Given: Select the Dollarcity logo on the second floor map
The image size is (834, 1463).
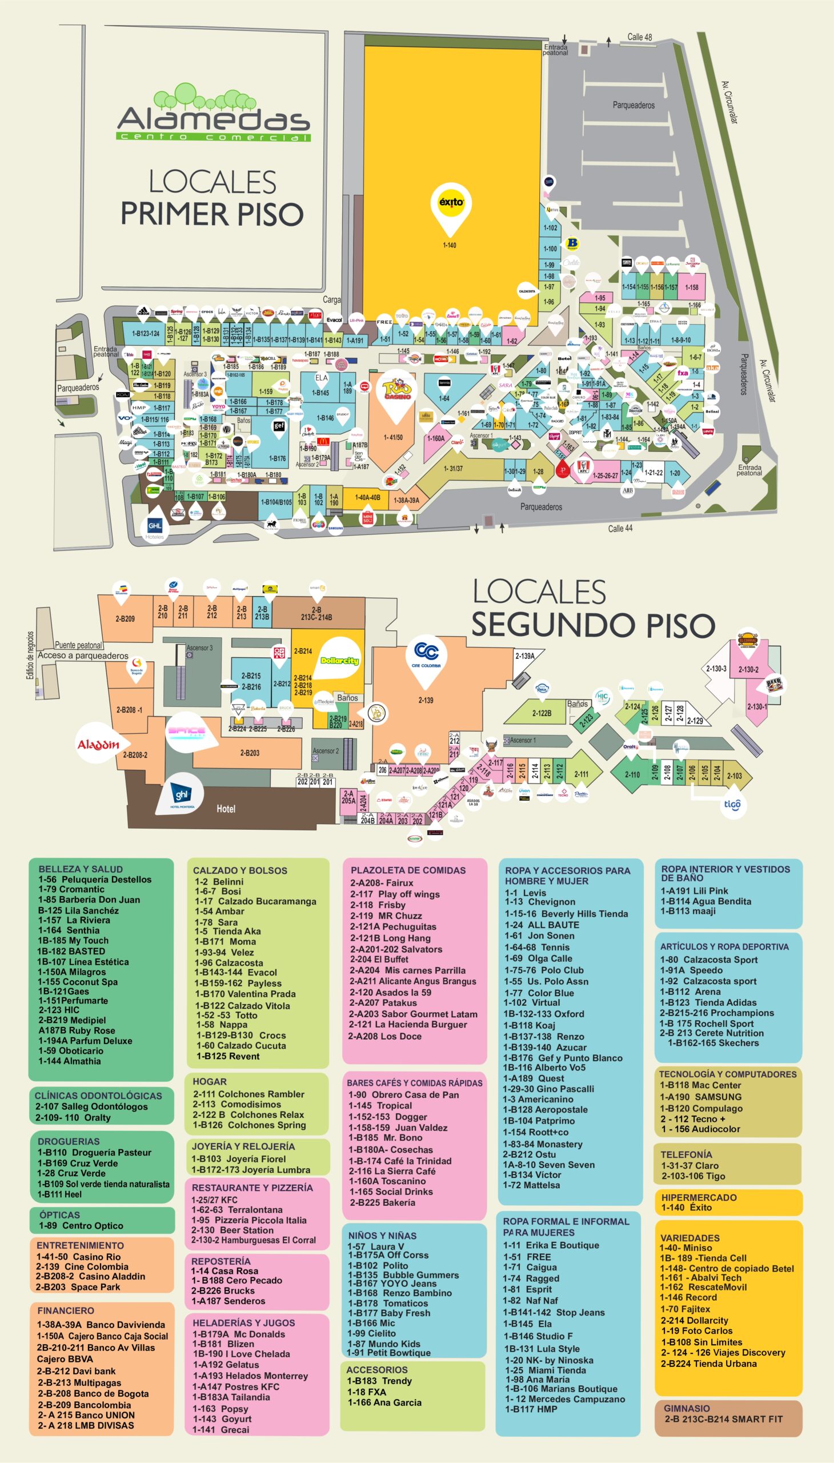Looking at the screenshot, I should [x=339, y=661].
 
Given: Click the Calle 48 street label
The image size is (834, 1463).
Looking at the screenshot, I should [x=639, y=37].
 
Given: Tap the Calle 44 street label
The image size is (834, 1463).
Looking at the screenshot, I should [x=620, y=528].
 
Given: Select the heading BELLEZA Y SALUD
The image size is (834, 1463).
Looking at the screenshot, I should [x=80, y=869].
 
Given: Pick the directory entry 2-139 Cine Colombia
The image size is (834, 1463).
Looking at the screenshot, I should [x=82, y=1266].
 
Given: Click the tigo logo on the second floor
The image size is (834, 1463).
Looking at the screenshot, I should [x=733, y=804].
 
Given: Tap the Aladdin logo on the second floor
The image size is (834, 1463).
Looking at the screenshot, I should [x=98, y=745].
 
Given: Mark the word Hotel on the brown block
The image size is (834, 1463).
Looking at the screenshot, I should [x=226, y=809].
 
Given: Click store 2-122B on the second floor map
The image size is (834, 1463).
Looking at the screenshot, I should [x=542, y=713].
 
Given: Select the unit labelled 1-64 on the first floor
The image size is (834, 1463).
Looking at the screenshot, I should [x=444, y=398].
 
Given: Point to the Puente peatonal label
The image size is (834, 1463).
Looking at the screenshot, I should [x=78, y=645].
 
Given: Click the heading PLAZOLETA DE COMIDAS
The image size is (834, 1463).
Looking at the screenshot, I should [x=408, y=870].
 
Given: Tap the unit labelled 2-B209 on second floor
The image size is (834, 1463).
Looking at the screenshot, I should [x=125, y=619].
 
